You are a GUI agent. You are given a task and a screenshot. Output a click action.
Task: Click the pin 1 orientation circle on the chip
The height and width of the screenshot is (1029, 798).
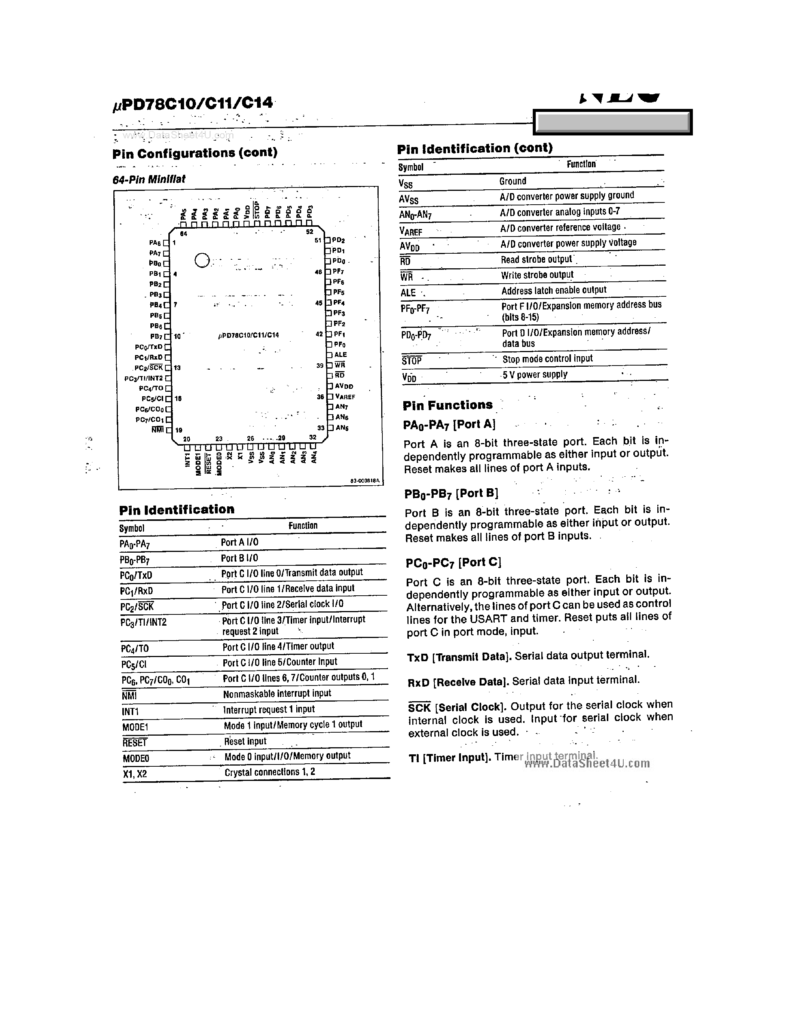[202, 260]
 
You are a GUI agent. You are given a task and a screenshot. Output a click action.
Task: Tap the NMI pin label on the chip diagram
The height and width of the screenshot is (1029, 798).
[158, 429]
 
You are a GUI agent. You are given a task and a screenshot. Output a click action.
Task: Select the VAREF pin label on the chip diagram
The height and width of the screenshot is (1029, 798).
[345, 397]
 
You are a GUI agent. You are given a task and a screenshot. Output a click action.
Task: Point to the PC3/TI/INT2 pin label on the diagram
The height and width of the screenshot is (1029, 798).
[144, 378]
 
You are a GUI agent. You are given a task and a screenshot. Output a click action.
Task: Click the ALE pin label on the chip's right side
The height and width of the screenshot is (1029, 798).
[340, 355]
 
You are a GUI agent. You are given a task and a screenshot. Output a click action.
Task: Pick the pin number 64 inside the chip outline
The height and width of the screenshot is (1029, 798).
[183, 234]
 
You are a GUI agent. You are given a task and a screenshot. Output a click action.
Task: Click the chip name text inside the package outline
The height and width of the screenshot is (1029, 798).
[249, 335]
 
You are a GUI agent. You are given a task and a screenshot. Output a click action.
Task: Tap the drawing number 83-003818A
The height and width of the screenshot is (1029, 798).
[365, 480]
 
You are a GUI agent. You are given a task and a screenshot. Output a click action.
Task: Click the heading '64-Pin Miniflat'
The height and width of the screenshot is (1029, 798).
[149, 179]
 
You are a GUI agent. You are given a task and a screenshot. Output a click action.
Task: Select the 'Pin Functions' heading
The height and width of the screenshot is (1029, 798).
[447, 405]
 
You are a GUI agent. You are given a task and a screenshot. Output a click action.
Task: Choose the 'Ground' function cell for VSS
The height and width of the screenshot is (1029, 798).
[513, 181]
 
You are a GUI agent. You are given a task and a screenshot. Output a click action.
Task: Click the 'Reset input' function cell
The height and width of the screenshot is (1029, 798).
[245, 741]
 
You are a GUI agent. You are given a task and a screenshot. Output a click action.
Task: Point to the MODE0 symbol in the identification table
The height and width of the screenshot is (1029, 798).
[136, 758]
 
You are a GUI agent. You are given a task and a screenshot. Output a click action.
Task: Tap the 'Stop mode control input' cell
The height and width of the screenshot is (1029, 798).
[547, 358]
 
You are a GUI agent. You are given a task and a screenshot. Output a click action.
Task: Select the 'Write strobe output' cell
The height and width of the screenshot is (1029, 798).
[537, 275]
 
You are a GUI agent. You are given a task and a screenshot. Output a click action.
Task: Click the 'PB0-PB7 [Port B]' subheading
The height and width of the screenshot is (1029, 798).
[451, 493]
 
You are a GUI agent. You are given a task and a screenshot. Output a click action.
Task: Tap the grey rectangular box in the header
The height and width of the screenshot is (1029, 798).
[612, 122]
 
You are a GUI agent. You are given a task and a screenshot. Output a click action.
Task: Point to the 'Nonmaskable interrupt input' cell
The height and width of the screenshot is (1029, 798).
[277, 693]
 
